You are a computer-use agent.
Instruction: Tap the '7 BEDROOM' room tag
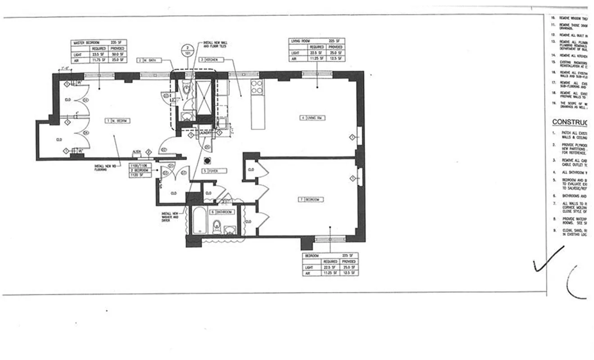click(310, 199)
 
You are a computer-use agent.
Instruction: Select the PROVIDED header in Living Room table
click(336, 47)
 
